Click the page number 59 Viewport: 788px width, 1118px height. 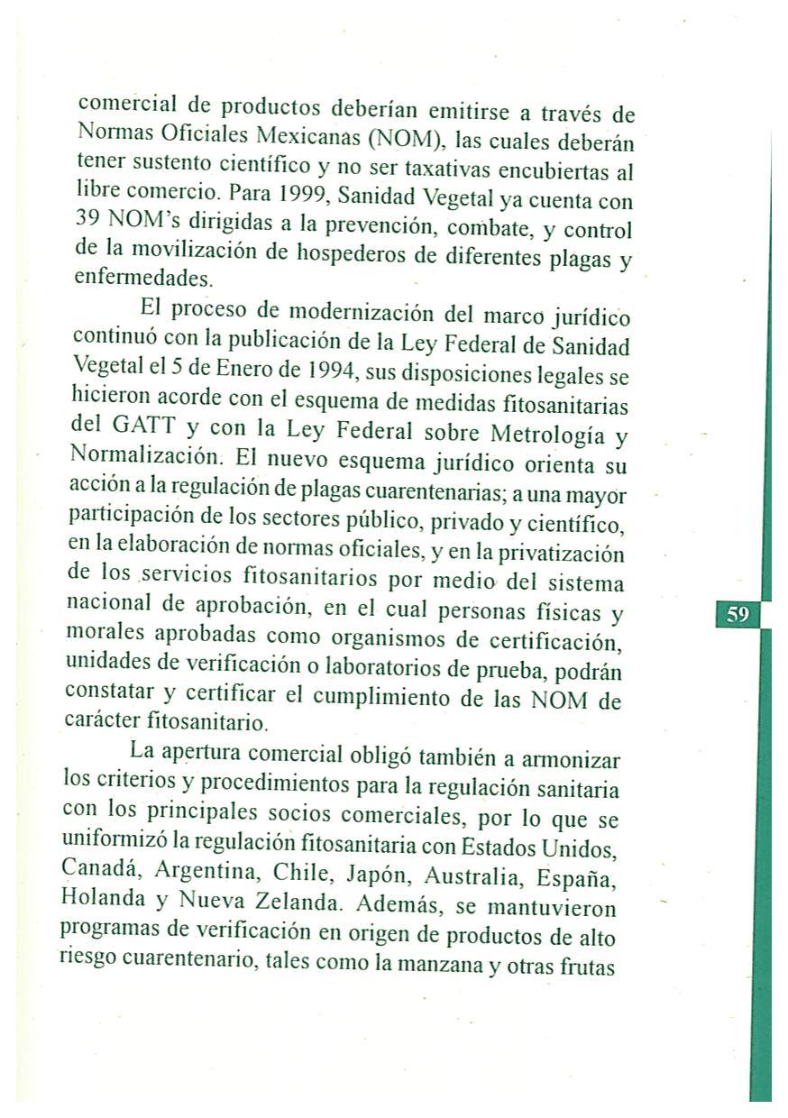click(x=738, y=615)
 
